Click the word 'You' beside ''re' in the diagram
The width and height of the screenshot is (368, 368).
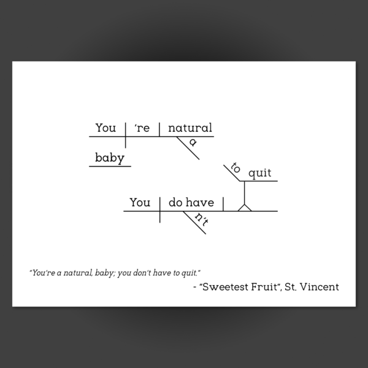point(105,128)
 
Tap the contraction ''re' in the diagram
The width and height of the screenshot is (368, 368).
point(142,128)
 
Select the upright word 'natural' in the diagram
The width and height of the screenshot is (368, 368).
point(190,128)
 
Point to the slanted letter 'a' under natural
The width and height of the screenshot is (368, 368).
point(193,142)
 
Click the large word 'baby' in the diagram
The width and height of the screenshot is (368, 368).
point(110,158)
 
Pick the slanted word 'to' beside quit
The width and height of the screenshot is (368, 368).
point(236,167)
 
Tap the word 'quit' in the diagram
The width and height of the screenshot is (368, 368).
point(260,174)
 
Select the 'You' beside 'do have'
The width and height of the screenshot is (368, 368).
point(140,202)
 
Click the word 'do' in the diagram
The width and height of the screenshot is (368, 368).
point(175,202)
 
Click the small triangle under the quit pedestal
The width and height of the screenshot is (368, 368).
point(245,208)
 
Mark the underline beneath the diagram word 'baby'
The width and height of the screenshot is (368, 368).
point(110,166)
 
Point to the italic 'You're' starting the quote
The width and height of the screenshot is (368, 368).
point(44,273)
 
